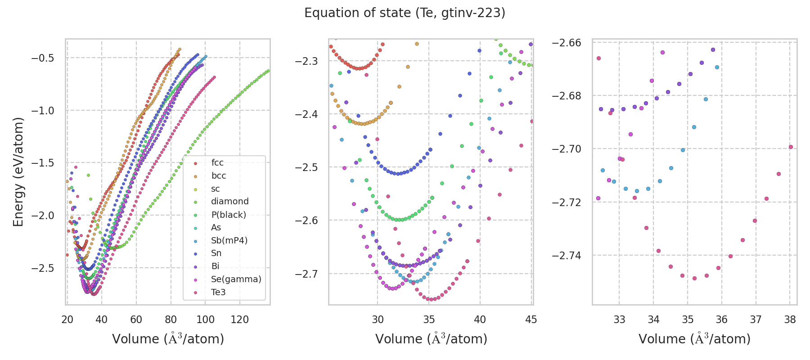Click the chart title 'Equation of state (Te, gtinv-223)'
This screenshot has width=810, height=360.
[x=405, y=13]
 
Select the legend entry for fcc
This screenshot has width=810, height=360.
[x=217, y=163]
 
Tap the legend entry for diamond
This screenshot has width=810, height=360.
[x=229, y=202]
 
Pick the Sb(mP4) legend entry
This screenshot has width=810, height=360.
[x=229, y=240]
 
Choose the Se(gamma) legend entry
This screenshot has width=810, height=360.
[x=236, y=279]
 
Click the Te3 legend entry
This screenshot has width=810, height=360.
[x=218, y=292]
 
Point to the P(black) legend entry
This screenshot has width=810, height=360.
[x=228, y=215]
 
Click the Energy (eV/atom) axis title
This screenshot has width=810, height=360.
[x=18, y=171]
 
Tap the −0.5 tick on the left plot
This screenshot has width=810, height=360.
[x=42, y=58]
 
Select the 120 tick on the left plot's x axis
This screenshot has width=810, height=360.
[x=240, y=319]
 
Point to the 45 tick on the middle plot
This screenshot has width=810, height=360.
[x=531, y=319]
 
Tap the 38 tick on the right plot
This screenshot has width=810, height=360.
[x=790, y=319]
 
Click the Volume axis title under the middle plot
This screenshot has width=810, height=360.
[x=431, y=339]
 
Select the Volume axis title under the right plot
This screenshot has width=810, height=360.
[x=694, y=339]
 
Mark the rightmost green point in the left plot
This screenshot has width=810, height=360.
[x=269, y=71]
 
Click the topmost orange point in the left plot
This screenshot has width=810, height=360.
[x=180, y=49]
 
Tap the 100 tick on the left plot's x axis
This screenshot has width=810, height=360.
[x=205, y=319]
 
